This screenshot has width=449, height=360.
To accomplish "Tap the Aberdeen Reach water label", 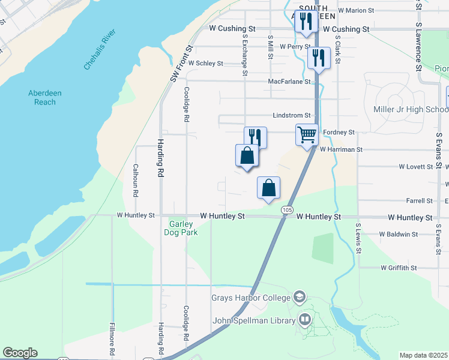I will pyautogui.click(x=41, y=97).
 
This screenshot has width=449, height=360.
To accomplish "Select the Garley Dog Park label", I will pyautogui.click(x=181, y=228).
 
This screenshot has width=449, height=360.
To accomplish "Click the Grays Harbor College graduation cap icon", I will pyautogui.click(x=300, y=298).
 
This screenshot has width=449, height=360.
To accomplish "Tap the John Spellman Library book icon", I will pyautogui.click(x=305, y=320).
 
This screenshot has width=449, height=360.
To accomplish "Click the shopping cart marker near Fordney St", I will pyautogui.click(x=307, y=134).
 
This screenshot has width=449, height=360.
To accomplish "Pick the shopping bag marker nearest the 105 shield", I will pyautogui.click(x=269, y=187).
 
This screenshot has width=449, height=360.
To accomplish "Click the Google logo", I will pyautogui.click(x=20, y=353).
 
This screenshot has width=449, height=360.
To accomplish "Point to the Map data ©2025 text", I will pyautogui.click(x=423, y=355).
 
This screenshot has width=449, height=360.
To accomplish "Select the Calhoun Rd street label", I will pyautogui.click(x=136, y=181).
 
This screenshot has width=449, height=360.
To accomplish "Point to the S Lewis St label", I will pyautogui.click(x=358, y=238).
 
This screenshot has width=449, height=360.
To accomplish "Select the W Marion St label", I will pyautogui.click(x=356, y=10).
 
